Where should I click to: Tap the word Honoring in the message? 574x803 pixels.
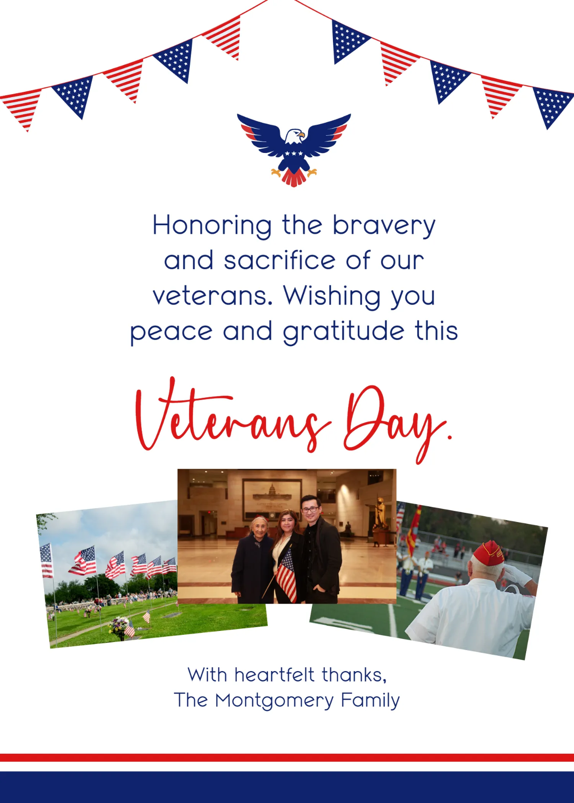tap(212, 225)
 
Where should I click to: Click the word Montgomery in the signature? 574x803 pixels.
tap(275, 701)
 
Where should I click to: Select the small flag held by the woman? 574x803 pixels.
tap(287, 576)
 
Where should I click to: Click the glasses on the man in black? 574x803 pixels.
tap(309, 510)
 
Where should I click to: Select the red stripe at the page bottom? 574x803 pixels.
tap(287, 757)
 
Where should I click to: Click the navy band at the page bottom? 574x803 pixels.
tap(287, 786)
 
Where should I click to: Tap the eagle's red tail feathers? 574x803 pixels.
tap(294, 178)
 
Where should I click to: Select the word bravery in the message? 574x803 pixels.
tap(384, 225)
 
